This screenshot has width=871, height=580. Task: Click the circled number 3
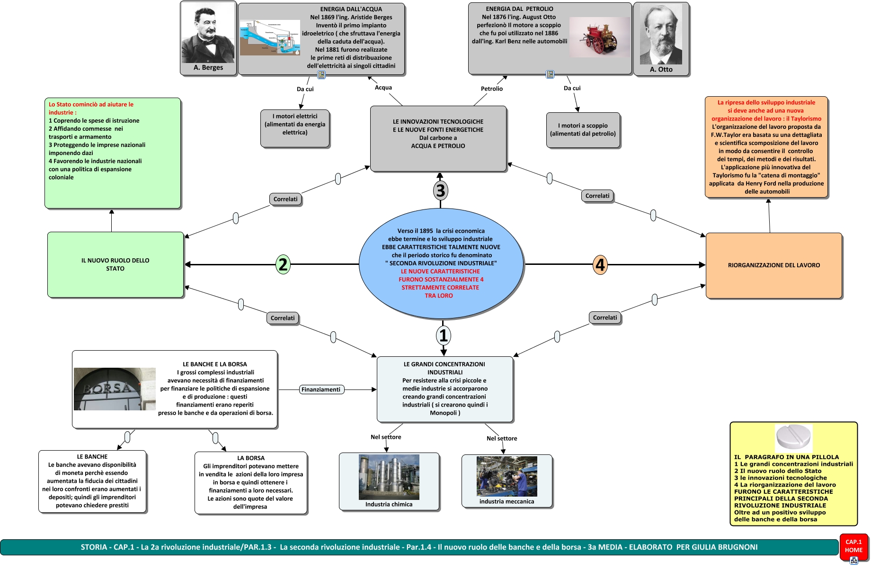(441, 190)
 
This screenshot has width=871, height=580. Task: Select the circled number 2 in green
(283, 264)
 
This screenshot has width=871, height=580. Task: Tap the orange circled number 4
(600, 265)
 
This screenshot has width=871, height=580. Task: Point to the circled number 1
(444, 335)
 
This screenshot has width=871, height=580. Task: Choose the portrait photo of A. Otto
(661, 34)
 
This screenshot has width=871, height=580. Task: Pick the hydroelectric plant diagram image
(270, 38)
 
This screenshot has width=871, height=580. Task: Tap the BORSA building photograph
(115, 389)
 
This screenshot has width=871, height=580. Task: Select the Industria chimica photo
(389, 477)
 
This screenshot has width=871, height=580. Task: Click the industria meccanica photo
(507, 476)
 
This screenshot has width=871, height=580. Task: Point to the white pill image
(793, 437)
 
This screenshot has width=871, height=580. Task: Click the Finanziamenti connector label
(321, 390)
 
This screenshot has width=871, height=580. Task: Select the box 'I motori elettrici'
(295, 128)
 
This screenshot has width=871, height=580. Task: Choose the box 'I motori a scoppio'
(583, 130)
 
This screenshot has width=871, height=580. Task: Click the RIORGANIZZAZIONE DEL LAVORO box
(774, 265)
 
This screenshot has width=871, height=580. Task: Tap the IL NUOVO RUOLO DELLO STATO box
(116, 264)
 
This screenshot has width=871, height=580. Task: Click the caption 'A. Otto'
(661, 70)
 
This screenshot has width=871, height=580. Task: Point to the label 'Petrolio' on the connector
(492, 89)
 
